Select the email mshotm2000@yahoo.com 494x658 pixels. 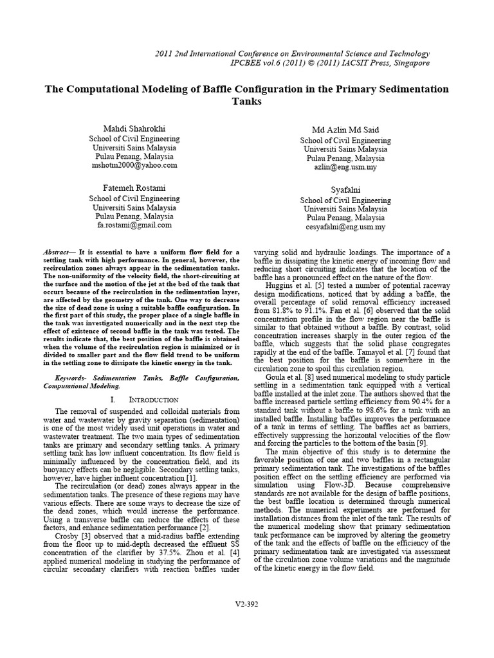(134, 165)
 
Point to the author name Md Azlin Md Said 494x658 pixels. (345, 130)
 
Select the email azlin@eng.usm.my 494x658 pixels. (345, 167)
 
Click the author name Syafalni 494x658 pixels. (345, 191)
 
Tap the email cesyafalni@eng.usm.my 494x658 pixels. (345, 227)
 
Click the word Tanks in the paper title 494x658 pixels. (247, 102)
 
